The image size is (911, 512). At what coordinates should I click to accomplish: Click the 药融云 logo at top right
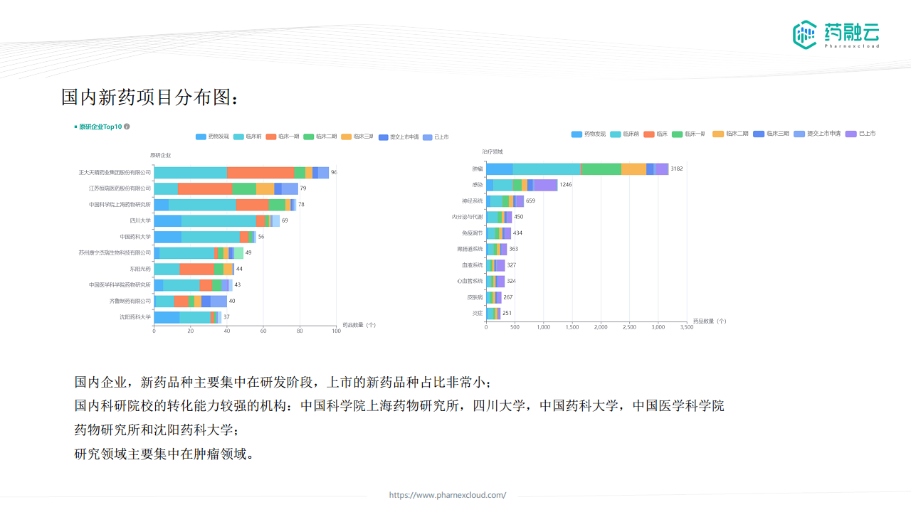836,34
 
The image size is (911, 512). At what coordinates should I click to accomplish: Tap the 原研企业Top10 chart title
100,127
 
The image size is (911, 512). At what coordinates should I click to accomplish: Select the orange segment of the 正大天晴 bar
260,173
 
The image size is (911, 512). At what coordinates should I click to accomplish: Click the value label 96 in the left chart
334,173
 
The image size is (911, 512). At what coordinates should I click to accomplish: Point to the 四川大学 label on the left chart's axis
140,220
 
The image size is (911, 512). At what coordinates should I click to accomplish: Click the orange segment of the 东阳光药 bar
196,269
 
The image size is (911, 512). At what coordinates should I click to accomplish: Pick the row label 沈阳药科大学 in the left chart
135,317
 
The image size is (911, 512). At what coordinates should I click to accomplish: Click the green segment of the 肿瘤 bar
601,169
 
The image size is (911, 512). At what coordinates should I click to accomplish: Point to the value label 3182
677,169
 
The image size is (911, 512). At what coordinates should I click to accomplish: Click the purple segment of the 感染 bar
545,185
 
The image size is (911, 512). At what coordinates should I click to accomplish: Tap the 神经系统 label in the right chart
473,201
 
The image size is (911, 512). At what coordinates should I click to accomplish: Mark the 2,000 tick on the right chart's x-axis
601,327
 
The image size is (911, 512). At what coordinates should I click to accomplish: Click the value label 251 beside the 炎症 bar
507,314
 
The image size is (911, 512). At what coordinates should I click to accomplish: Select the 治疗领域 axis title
492,151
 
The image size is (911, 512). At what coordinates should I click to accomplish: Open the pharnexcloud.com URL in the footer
448,495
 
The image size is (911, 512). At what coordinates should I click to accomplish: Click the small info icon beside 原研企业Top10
127,127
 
